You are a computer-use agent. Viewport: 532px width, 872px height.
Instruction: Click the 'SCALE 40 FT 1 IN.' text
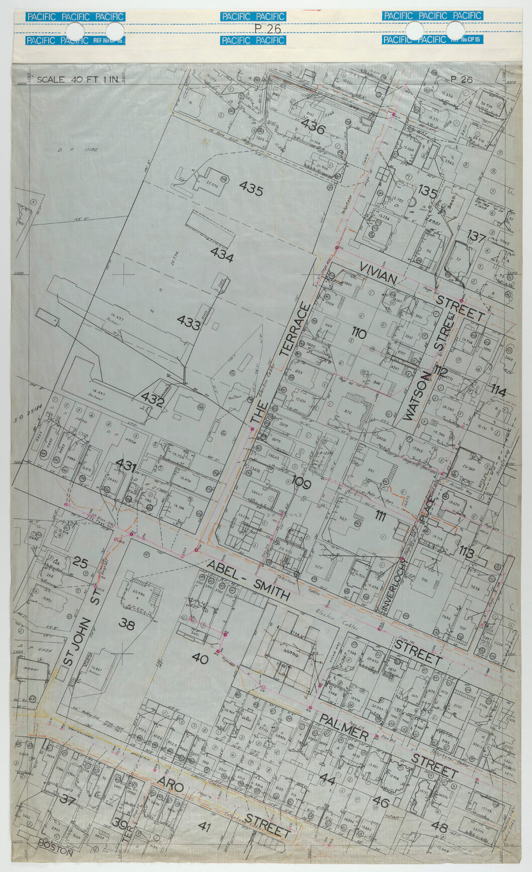tap(77, 80)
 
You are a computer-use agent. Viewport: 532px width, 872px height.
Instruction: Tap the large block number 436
tap(314, 127)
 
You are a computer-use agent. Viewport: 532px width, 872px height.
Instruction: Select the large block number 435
tap(251, 189)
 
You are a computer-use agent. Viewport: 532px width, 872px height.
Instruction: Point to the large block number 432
tap(152, 401)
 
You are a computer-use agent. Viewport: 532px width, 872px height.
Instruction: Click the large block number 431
tap(126, 466)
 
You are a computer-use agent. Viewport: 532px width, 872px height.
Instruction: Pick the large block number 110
tap(359, 333)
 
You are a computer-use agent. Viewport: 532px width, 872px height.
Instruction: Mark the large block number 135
tap(428, 192)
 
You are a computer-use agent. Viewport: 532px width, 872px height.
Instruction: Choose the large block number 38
tap(127, 624)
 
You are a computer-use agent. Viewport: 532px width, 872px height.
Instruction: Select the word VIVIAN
tap(379, 272)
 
